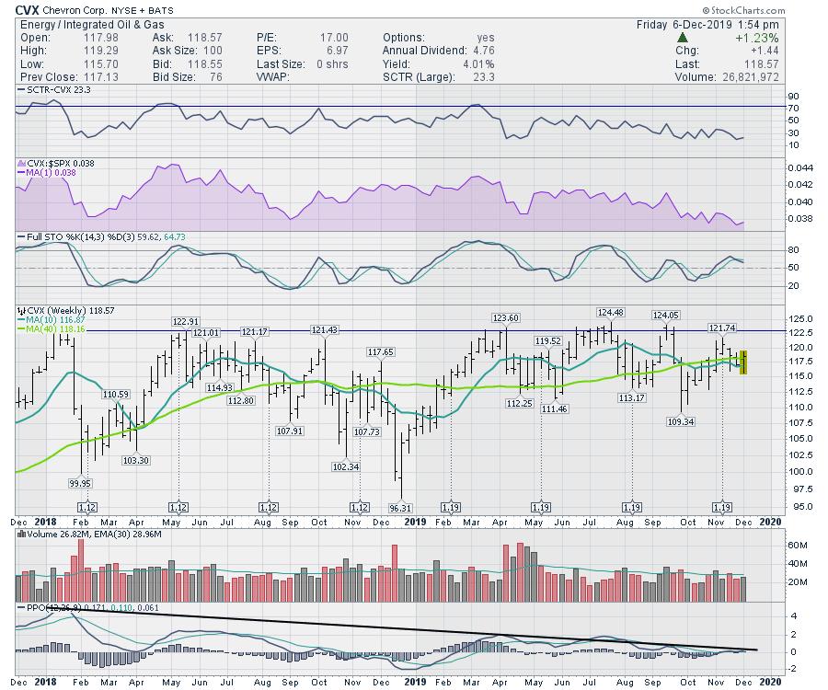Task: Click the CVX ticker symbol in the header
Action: (26, 9)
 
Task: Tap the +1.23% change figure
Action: (759, 38)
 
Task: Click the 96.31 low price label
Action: (399, 507)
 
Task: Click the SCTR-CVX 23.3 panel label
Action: (52, 93)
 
